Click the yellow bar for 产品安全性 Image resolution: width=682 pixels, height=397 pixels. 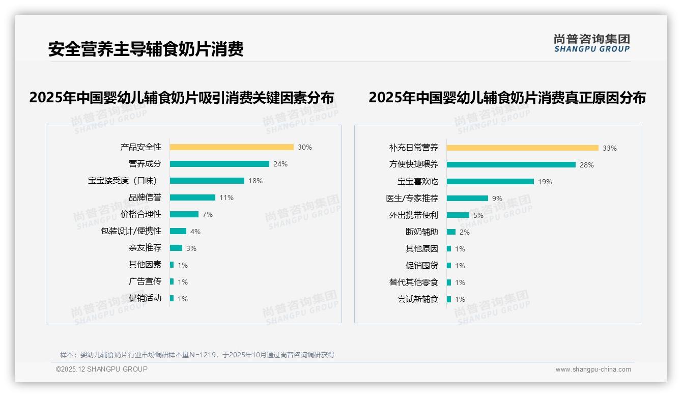coord(232,147)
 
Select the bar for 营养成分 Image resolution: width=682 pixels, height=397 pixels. coord(219,164)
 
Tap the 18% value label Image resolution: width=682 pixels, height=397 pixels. coord(255,181)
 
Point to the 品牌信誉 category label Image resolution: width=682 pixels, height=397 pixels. coord(145,197)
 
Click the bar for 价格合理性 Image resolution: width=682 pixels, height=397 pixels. coord(184,214)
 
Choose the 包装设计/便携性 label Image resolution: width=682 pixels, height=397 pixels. coord(131,231)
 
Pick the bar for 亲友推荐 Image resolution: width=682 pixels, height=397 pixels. coord(176,248)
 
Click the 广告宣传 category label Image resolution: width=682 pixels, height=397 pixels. coord(145,281)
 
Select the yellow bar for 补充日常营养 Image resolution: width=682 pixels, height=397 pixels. coord(523,148)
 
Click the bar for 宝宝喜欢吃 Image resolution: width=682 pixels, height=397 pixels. coord(491,182)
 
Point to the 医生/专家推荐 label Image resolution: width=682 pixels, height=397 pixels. coord(412,198)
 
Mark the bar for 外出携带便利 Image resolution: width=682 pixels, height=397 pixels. coord(458,215)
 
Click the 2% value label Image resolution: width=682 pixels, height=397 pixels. coord(465,232)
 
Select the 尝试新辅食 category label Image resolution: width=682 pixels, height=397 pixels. coord(418,299)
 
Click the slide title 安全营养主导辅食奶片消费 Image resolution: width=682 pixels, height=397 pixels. coord(146,49)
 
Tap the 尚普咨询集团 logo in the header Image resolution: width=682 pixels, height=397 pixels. coord(592,43)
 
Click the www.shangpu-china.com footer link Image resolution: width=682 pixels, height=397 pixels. coord(593,370)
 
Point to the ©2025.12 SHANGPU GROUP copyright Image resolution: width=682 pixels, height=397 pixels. coord(102,369)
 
